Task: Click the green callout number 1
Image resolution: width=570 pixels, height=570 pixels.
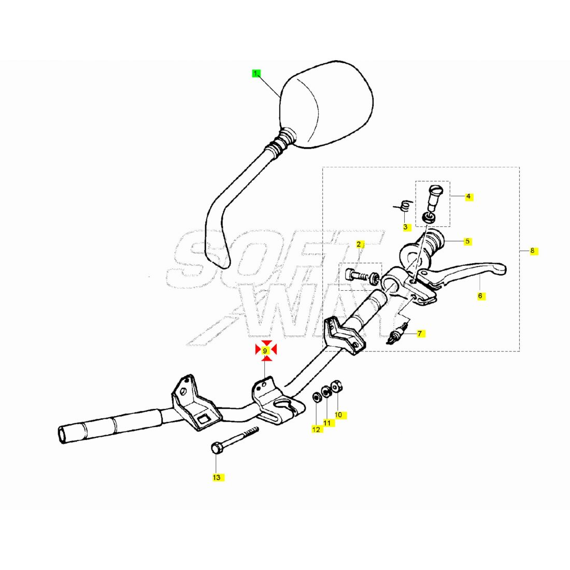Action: tap(256, 74)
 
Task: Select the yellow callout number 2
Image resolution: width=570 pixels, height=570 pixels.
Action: tap(359, 245)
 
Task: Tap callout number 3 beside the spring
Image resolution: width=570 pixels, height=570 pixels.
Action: tap(406, 227)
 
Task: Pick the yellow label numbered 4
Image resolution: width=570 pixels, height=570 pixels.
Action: tap(468, 196)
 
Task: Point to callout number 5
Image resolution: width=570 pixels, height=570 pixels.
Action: tap(467, 241)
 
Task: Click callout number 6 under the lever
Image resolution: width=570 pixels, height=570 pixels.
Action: tap(480, 296)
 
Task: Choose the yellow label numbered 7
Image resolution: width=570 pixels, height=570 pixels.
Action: tap(420, 334)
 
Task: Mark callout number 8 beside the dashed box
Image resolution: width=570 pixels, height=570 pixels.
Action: tap(533, 250)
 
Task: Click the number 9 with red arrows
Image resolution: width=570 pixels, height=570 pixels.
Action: tap(265, 351)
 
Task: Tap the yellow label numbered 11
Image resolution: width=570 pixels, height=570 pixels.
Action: tap(327, 423)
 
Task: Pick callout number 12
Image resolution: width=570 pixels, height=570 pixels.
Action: tap(317, 430)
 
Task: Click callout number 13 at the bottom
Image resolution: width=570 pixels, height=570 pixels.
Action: tap(217, 477)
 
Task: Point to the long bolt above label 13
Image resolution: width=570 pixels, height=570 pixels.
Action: tap(234, 439)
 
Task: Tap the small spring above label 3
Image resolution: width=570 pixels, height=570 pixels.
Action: tap(404, 205)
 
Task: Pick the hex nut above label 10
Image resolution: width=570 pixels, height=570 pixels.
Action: tap(337, 386)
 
